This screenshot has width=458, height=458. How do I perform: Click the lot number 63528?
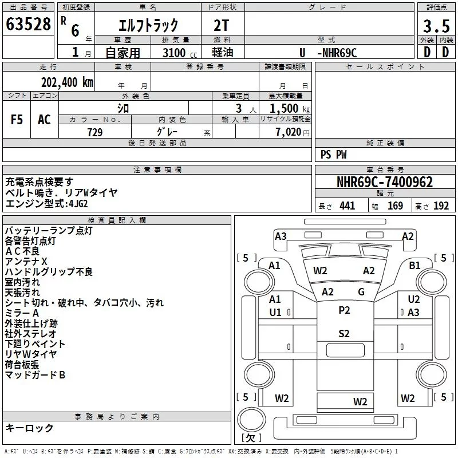pyautogui.click(x=28, y=24)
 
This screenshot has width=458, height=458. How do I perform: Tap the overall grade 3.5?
pyautogui.click(x=436, y=26)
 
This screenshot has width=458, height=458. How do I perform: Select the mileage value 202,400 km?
pyautogui.click(x=67, y=82)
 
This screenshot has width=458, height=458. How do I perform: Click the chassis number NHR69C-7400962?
pyautogui.click(x=385, y=182)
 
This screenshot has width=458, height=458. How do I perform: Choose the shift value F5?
pyautogui.click(x=17, y=120)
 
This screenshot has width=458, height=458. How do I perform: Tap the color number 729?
pyautogui.click(x=95, y=132)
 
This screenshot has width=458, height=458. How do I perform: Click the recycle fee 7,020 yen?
pyautogui.click(x=293, y=132)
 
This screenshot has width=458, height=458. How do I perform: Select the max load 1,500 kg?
pyautogui.click(x=290, y=109)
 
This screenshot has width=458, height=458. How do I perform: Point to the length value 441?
pyautogui.click(x=347, y=206)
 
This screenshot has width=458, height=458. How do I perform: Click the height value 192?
pyautogui.click(x=441, y=206)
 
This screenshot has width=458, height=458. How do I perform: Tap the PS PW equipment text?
pyautogui.click(x=333, y=155)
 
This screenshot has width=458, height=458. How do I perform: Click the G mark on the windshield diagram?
pyautogui.click(x=361, y=292)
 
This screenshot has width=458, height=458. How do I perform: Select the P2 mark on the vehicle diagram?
pyautogui.click(x=344, y=310)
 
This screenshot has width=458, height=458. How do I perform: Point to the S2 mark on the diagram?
pyautogui.click(x=344, y=334)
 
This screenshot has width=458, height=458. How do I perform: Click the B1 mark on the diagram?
pyautogui.click(x=414, y=266)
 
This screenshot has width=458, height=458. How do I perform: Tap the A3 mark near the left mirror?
pyautogui.click(x=281, y=236)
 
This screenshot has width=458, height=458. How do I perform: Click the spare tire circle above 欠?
pyautogui.click(x=251, y=419)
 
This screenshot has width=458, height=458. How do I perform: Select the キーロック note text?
pyautogui.click(x=29, y=428)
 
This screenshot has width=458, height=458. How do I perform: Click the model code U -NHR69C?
pyautogui.click(x=328, y=53)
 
